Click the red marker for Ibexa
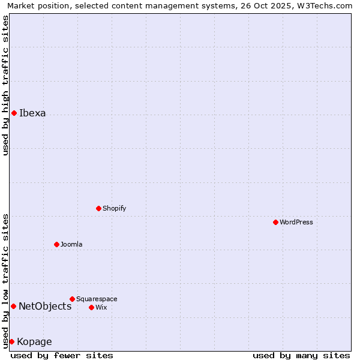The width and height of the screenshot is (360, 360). click(x=14, y=113)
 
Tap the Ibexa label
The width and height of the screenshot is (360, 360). click(x=32, y=113)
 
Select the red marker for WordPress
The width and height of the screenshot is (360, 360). click(x=275, y=222)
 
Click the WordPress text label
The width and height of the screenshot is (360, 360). click(x=296, y=222)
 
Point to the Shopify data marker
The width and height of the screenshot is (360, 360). click(x=98, y=208)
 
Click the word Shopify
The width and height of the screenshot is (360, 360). click(x=114, y=208)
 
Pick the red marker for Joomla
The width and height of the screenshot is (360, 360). click(x=56, y=244)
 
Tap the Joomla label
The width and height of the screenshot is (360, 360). click(x=71, y=244)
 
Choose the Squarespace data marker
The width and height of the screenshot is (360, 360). click(x=72, y=299)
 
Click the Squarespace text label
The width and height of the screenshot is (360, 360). click(x=97, y=299)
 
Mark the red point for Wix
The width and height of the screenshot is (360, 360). click(x=91, y=307)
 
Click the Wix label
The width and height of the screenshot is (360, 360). click(x=101, y=307)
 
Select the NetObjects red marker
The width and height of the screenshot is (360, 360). click(x=13, y=306)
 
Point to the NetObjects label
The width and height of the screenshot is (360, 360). click(x=45, y=306)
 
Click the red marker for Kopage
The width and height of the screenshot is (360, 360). click(x=11, y=341)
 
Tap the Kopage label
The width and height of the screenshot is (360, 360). click(x=34, y=341)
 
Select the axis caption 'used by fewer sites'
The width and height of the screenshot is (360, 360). click(x=62, y=355)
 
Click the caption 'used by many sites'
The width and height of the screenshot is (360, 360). click(x=301, y=355)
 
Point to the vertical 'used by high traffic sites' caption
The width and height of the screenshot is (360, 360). click(x=5, y=85)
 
